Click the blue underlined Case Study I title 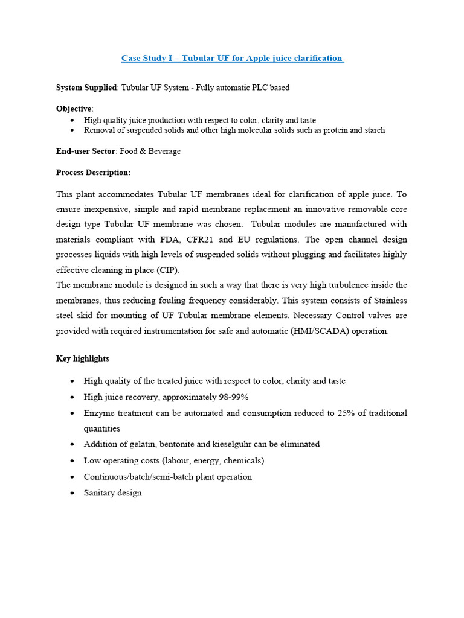point(233,59)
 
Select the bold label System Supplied point(86,88)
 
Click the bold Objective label point(73,108)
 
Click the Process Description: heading point(93,173)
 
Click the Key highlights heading point(83,358)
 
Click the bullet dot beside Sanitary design point(72,493)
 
